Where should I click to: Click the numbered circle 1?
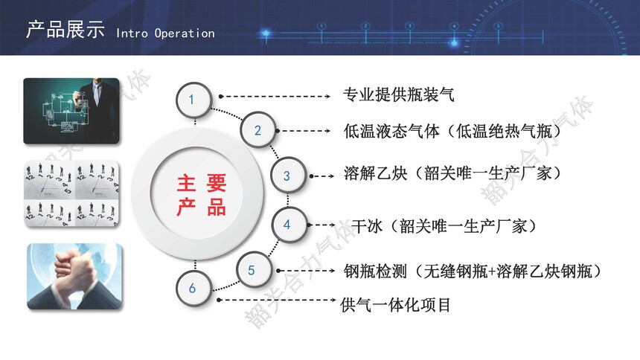(x=193, y=100)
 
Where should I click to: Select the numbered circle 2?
(x=257, y=130)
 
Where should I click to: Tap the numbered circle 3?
(x=287, y=176)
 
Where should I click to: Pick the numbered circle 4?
(x=288, y=225)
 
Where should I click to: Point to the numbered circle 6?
(x=193, y=288)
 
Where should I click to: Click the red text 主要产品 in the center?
(x=201, y=195)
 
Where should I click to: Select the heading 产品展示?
(x=65, y=30)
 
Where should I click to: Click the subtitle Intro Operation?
(x=165, y=33)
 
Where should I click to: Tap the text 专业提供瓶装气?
(x=398, y=94)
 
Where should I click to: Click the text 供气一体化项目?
(x=395, y=305)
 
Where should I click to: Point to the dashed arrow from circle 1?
(x=275, y=97)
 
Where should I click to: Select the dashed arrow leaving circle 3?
(x=322, y=176)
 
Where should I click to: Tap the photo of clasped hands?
(x=74, y=277)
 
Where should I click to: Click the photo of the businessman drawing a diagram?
(x=72, y=111)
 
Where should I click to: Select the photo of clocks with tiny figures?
(x=72, y=194)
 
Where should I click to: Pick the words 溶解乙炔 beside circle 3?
(x=375, y=173)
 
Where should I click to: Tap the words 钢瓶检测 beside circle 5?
(x=375, y=271)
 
